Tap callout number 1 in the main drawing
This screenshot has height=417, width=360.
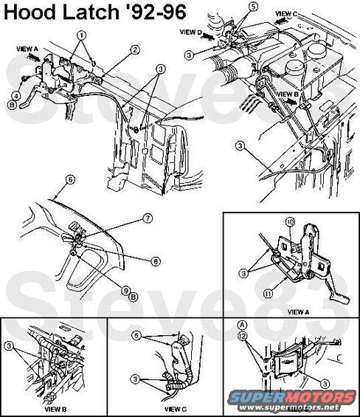[81, 35]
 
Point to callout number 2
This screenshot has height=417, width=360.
[135, 49]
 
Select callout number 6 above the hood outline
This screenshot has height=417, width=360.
[70, 179]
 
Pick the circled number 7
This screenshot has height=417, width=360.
[147, 218]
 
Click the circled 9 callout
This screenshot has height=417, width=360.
[126, 289]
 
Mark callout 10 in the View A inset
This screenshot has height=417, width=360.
[290, 221]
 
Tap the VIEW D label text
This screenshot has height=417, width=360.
[190, 32]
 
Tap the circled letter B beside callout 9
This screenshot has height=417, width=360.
[134, 297]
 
